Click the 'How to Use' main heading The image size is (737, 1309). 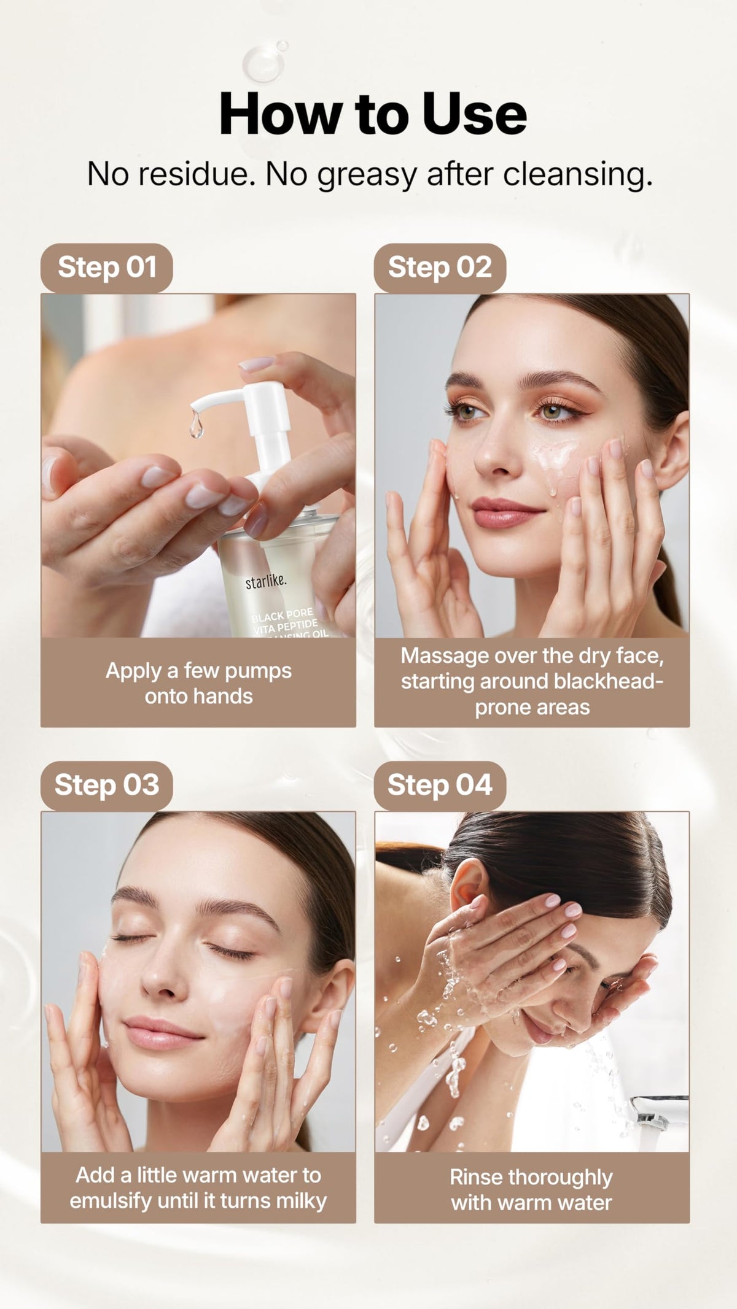373,115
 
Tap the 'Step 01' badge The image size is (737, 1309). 107,268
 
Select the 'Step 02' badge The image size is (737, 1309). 440,268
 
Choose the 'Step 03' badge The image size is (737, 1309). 107,786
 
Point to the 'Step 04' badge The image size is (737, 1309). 440,786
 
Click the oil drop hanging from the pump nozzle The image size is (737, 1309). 197,423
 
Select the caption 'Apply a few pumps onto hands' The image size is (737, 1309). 198,683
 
